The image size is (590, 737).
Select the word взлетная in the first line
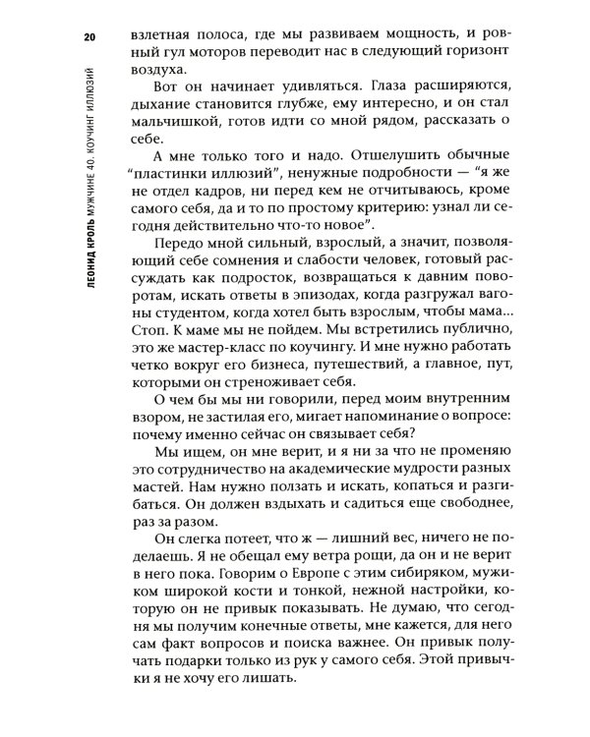tap(166, 40)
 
